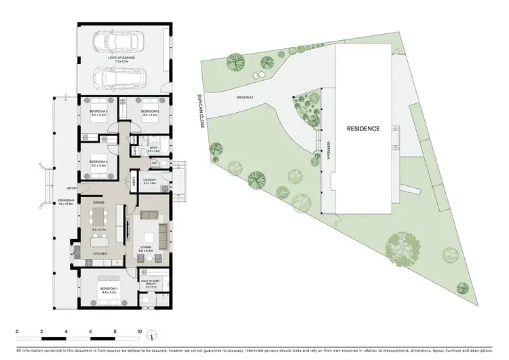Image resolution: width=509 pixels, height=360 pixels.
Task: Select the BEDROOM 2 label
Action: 149,113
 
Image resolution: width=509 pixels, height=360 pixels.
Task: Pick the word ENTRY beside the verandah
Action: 71,188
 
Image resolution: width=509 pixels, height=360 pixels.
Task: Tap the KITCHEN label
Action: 101,255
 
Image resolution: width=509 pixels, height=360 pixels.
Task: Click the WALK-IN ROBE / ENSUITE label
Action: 150,283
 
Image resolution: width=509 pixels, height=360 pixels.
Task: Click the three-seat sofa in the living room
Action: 163,234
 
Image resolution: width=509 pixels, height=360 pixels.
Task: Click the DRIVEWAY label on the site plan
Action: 245,97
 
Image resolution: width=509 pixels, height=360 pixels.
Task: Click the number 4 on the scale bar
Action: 66,331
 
